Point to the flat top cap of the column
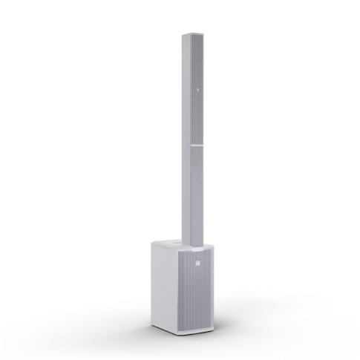pyautogui.click(x=189, y=32)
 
